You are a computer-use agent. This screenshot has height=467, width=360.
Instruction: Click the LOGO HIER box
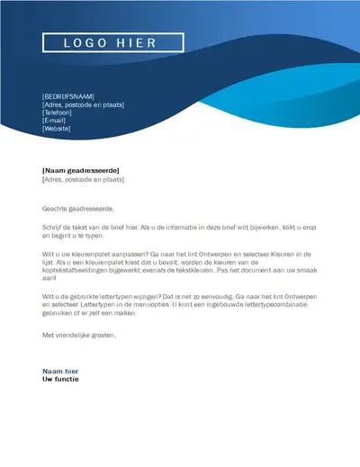[x=112, y=42]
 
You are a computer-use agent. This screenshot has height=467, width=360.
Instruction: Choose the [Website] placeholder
[x=57, y=128]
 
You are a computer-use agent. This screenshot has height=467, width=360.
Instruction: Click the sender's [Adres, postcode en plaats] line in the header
[x=83, y=103]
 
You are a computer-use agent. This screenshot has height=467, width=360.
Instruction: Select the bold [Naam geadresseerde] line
[x=81, y=170]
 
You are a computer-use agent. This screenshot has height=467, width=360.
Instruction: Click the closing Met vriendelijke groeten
[x=79, y=334]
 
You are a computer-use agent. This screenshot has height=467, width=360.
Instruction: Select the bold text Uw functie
[x=60, y=380]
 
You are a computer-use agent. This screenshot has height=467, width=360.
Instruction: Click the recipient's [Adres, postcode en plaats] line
[x=83, y=179]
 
